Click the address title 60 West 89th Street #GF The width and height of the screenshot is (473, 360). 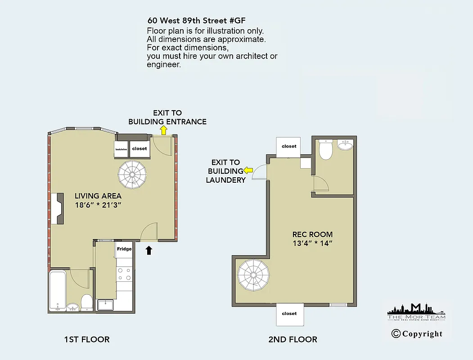[197, 21]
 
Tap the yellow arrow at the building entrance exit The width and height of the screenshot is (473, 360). [163, 130]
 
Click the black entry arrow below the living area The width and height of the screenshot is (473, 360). [149, 250]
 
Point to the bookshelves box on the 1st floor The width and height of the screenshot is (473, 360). [122, 149]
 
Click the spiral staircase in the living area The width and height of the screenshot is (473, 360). [132, 175]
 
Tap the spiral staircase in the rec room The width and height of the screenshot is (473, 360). [252, 275]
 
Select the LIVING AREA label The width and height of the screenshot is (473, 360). [98, 196]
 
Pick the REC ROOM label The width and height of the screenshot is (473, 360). [312, 234]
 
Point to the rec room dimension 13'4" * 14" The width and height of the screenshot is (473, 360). [312, 243]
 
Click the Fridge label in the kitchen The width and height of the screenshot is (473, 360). [124, 249]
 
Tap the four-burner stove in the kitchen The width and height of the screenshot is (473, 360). [124, 274]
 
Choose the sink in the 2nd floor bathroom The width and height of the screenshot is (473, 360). [346, 146]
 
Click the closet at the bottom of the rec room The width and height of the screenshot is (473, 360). [290, 314]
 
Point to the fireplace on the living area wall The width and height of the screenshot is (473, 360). [58, 208]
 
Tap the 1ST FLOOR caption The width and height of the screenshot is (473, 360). [87, 339]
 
